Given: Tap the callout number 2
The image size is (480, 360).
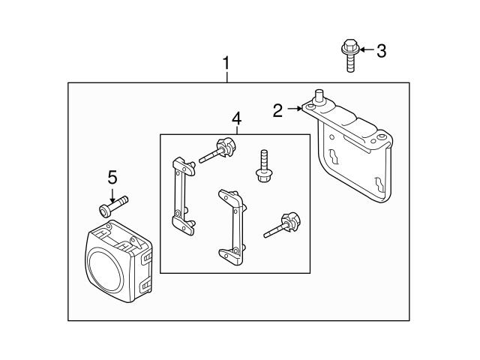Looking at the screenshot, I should (278, 110).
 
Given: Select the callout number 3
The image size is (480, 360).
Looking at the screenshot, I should (381, 51).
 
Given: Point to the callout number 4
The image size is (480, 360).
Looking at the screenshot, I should (236, 118).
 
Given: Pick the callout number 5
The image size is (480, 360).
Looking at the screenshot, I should (112, 177).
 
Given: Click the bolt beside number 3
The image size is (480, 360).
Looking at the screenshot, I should (349, 55).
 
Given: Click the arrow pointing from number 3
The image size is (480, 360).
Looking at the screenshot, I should (366, 51).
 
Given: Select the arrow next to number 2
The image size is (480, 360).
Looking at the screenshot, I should (294, 109).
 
